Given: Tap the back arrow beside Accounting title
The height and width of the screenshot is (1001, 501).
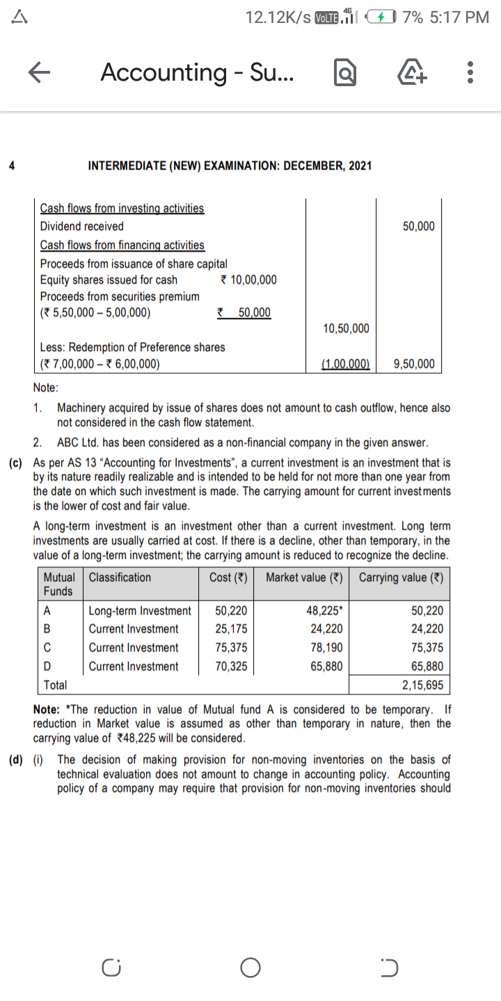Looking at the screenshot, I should (40, 72).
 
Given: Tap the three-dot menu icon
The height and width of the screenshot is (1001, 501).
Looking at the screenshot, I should (471, 72).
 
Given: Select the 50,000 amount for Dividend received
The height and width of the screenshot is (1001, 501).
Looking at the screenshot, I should (418, 226).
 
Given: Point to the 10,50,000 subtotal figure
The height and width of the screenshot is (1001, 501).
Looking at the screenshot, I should (347, 328).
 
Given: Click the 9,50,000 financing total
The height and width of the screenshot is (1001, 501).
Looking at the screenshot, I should (414, 364).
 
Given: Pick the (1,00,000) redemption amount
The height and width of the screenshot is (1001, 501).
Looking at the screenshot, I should (346, 364).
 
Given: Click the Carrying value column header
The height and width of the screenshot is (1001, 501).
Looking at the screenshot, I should (401, 578).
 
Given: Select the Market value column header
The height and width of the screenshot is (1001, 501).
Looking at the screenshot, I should (305, 578).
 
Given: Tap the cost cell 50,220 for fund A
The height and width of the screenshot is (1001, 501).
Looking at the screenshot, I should (230, 611).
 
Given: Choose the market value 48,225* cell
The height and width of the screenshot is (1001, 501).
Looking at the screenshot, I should (324, 611).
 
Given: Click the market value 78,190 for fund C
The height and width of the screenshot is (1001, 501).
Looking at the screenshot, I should (324, 648).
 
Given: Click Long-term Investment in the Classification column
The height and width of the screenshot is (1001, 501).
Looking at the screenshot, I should (140, 611).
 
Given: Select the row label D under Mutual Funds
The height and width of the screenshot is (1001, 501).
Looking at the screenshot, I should (47, 667).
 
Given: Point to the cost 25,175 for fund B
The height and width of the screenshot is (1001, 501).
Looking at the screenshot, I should (230, 629).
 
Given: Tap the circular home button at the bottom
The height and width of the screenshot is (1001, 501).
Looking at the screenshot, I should (250, 968).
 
